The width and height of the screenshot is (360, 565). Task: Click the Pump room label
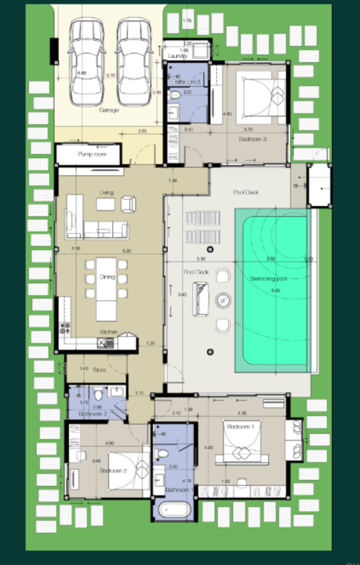point(92,154)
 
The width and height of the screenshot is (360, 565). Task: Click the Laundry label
point(178,56)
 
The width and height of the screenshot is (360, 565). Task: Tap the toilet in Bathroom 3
point(175,94)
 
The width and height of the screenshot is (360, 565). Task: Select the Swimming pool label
point(268,279)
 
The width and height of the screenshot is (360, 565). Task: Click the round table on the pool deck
point(223,301)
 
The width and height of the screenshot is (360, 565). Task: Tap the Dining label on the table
point(107,277)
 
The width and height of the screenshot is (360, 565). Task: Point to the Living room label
point(106,192)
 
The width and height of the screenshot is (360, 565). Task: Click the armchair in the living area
point(128,204)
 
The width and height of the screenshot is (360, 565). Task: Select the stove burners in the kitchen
point(65,328)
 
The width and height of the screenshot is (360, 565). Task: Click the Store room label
point(99,369)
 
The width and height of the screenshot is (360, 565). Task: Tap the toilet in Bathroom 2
point(98,393)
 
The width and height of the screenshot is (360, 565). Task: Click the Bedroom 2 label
point(113,471)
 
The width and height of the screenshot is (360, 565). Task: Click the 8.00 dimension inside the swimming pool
point(275,290)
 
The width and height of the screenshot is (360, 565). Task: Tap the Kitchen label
point(109,332)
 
